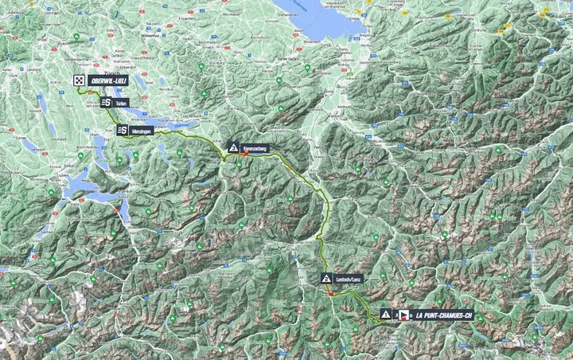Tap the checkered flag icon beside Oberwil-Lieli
coord(79,80)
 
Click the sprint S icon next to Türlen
coord(106,103)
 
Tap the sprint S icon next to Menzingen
coord(123,131)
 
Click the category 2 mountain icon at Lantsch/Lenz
coord(326,279)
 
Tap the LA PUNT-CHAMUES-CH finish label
coord(443,315)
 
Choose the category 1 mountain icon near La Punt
coord(386,315)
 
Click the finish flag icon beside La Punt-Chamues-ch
coord(403,315)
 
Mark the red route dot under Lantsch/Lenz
coord(329,293)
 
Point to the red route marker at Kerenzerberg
coord(244,155)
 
